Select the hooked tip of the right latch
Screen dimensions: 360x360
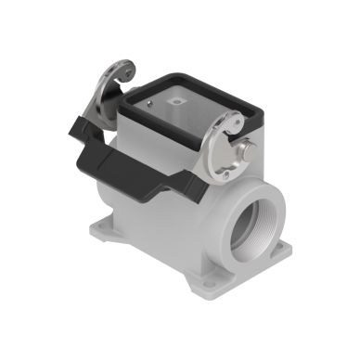236,119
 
